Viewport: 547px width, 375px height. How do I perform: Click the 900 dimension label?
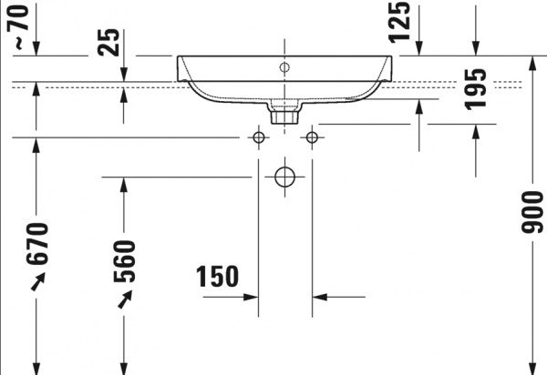[x=532, y=212]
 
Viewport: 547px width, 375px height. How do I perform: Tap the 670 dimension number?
[x=36, y=244]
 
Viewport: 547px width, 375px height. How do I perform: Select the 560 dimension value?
[x=124, y=261]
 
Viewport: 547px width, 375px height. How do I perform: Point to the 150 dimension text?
[x=217, y=277]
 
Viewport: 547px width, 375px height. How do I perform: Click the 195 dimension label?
[x=476, y=89]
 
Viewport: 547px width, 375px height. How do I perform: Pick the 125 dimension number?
[x=400, y=23]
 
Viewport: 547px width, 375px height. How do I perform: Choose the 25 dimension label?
[x=108, y=42]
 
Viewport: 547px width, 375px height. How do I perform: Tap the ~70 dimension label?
[x=18, y=27]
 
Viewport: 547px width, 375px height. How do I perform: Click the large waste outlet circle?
[x=284, y=177]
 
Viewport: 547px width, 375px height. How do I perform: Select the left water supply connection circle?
[x=259, y=137]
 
